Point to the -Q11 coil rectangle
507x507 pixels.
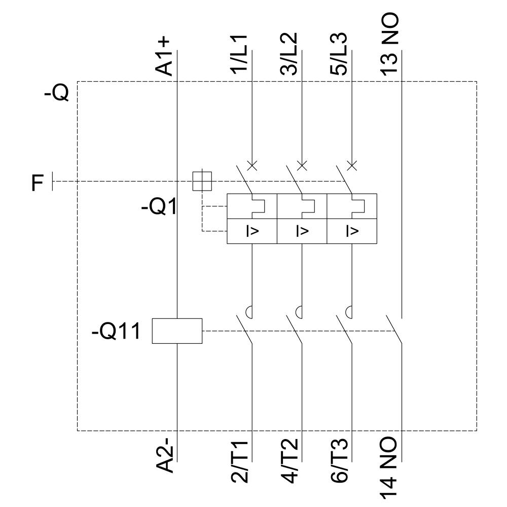pos(177,331)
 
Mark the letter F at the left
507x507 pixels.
pos(38,183)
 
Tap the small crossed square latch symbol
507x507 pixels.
pos(202,181)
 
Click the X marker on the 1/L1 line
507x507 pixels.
pos(252,165)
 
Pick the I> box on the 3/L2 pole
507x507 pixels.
pos(302,231)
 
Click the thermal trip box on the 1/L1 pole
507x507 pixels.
pos(252,206)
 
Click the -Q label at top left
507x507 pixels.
pos(56,94)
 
